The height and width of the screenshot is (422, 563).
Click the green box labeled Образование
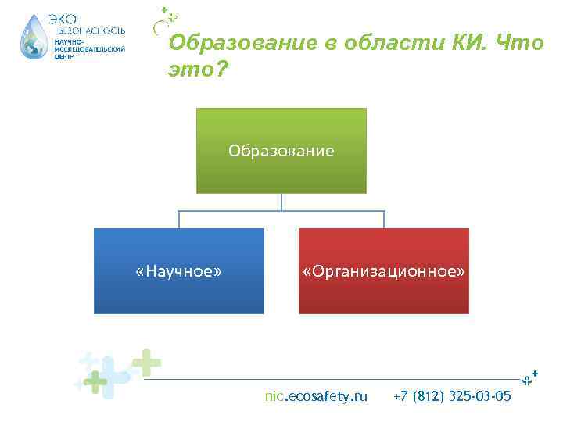tap(281, 150)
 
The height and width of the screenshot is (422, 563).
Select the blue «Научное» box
tap(179, 271)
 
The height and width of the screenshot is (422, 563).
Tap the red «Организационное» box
tap(383, 271)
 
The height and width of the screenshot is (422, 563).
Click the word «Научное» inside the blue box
tap(179, 271)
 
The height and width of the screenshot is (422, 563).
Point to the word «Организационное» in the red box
tap(383, 271)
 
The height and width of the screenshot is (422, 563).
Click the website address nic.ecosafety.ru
tap(316, 396)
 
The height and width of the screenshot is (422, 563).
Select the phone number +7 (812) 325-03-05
tap(453, 396)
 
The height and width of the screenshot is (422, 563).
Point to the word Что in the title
tap(521, 43)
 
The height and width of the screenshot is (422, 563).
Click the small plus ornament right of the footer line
tap(531, 377)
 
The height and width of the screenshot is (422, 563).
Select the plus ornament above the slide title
tap(166, 17)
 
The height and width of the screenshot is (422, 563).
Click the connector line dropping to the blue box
tap(179, 219)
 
